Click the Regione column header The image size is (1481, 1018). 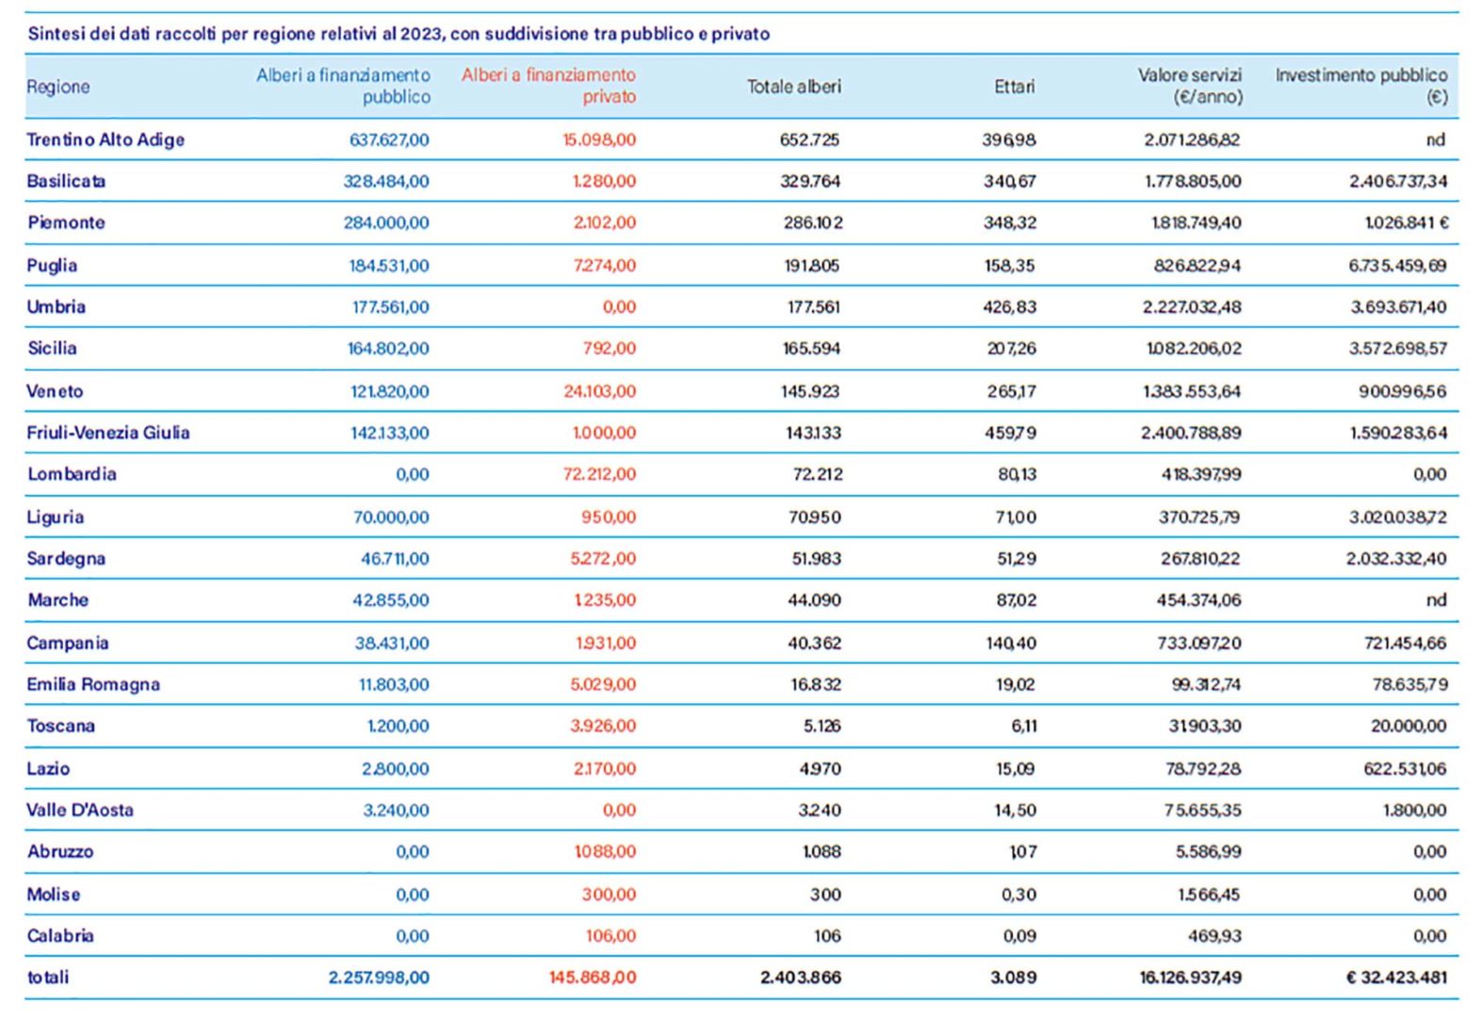pos(58,87)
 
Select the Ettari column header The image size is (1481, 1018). pos(1015,87)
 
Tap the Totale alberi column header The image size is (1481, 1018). pos(794,87)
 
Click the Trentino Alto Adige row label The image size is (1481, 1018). pos(106,140)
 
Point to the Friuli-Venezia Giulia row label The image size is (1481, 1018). pos(108,433)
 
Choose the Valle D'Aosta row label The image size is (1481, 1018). pos(80,810)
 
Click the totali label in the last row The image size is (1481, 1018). pos(48,977)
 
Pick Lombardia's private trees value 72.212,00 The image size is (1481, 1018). pos(600,474)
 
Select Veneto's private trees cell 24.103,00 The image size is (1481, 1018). pos(600,391)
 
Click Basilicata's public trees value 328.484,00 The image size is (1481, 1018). pos(386,181)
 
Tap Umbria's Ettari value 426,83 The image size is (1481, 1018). pos(1009,307)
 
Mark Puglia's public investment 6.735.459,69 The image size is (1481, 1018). pos(1398,265)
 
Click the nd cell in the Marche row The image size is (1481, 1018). pos(1436,599)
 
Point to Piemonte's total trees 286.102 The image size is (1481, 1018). pos(813,222)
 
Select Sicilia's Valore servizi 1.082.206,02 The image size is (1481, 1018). pos(1194,349)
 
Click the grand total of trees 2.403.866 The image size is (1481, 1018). pos(801,977)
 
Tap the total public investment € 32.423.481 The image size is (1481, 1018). pos(1396,977)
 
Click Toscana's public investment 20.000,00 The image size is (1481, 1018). pos(1408,726)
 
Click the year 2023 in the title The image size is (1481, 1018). pos(420,34)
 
